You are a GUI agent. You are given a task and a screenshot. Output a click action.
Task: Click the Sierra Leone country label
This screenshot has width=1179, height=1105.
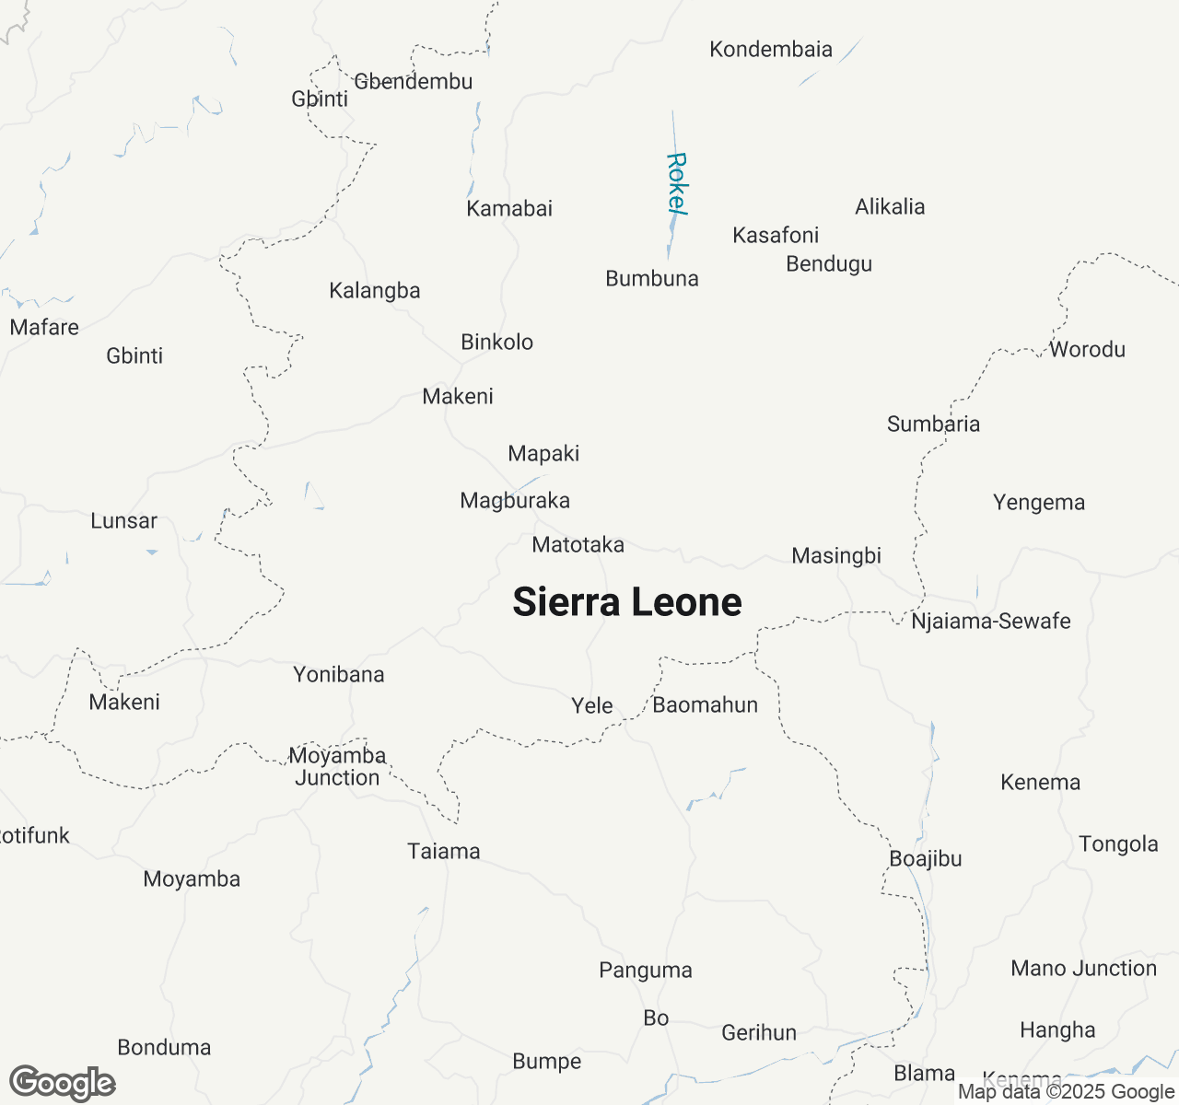(627, 602)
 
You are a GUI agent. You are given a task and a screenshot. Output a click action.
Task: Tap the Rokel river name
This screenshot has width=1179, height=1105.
(677, 183)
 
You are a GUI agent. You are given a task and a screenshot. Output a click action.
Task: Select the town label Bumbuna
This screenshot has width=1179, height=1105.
(652, 278)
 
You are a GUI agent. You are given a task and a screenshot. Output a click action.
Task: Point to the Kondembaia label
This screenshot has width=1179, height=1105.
(771, 50)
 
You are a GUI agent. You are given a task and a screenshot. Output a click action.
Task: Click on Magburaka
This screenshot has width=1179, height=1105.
(515, 501)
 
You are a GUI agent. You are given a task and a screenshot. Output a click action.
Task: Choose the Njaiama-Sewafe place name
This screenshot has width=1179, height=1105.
(991, 622)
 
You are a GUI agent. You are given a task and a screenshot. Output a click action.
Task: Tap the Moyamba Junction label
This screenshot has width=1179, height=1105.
(337, 767)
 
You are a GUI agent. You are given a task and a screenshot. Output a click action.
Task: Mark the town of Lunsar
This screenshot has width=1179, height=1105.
(124, 521)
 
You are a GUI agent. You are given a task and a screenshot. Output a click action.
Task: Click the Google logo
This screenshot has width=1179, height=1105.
(63, 1083)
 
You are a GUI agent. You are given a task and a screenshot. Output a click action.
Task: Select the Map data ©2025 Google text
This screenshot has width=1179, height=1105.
(1066, 1092)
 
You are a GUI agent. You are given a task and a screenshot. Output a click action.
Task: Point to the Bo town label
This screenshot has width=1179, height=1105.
(656, 1018)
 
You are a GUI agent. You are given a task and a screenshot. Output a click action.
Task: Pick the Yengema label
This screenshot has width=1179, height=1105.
(1039, 503)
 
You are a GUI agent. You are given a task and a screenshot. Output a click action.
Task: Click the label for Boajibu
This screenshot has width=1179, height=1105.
(926, 859)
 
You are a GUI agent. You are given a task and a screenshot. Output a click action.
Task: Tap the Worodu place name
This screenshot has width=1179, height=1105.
(1088, 350)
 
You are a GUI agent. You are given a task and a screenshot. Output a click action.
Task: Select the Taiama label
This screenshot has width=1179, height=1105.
(444, 852)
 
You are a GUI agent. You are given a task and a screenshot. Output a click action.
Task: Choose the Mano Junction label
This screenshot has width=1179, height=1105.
(1083, 969)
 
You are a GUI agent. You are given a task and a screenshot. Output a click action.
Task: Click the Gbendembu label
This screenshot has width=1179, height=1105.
(414, 82)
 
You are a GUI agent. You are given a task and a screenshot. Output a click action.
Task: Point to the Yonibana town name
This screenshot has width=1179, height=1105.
(339, 675)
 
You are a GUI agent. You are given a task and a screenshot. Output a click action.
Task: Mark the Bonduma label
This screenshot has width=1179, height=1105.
(164, 1048)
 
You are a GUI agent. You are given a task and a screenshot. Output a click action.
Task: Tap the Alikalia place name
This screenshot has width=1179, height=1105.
(890, 207)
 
